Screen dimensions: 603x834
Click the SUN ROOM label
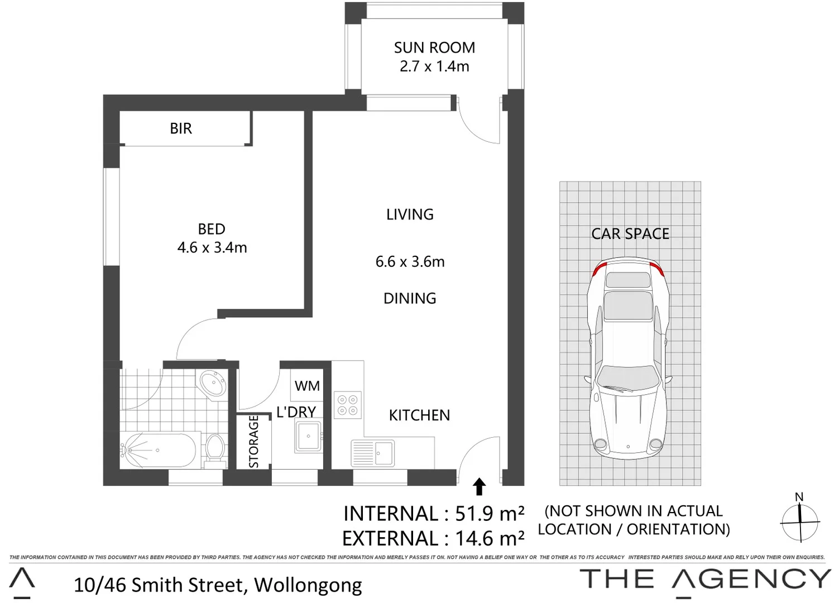434,48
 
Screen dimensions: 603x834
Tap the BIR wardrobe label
180,128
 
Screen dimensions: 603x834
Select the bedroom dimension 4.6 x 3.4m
212,247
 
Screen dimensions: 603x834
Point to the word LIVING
410,214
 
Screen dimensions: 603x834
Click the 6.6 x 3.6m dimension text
410,261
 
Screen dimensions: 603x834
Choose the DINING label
410,298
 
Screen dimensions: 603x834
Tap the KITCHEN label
419,415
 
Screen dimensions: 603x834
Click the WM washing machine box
307,386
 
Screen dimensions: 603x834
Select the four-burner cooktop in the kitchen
348,405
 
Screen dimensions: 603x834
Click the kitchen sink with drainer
372,452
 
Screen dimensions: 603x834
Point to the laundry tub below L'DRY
308,436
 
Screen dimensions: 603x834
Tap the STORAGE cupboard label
253,441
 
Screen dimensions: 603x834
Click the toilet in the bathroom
214,449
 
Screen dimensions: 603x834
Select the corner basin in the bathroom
213,384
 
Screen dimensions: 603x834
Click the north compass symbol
800,521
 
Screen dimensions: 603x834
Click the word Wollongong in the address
308,585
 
